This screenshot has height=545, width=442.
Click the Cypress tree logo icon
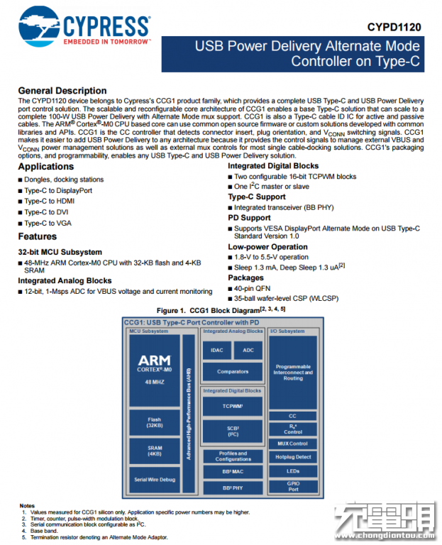pyautogui.click(x=40, y=26)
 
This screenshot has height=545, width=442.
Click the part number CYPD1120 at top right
pyautogui.click(x=394, y=27)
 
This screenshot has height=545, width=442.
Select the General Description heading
pyautogui.click(x=62, y=91)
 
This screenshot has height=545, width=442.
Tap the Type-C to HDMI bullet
pyautogui.click(x=49, y=201)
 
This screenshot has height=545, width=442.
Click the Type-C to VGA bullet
pyautogui.click(x=48, y=223)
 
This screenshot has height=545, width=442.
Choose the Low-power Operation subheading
pyautogui.click(x=267, y=246)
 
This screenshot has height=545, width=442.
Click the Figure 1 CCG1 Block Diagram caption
pyautogui.click(x=221, y=309)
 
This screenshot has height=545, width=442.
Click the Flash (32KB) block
pyautogui.click(x=154, y=423)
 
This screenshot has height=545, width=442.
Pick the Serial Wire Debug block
pyautogui.click(x=154, y=480)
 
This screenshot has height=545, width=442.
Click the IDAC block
pyautogui.click(x=216, y=350)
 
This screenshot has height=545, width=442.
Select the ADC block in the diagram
pyautogui.click(x=248, y=350)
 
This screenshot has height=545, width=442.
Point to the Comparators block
pyautogui.click(x=233, y=371)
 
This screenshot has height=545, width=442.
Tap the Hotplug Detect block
pyautogui.click(x=293, y=457)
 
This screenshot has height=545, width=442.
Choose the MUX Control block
pyautogui.click(x=293, y=444)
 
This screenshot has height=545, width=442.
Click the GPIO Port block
pyautogui.click(x=293, y=486)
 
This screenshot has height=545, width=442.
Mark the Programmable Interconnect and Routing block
pyautogui.click(x=293, y=372)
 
